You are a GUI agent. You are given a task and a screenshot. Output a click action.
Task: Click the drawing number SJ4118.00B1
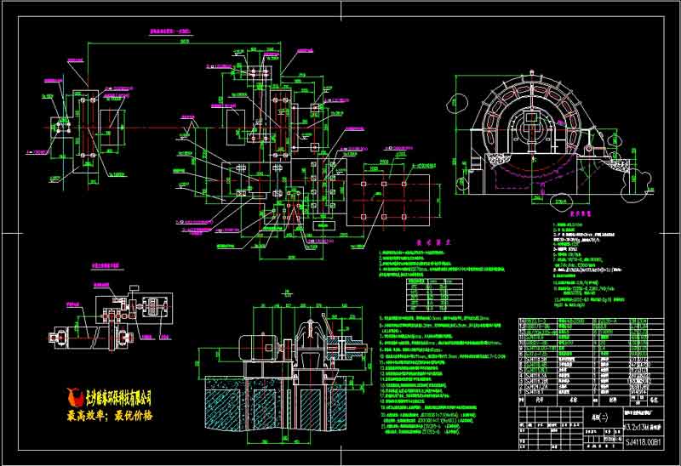pos(646,441)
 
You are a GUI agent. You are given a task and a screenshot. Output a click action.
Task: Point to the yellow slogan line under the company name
pos(111,416)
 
